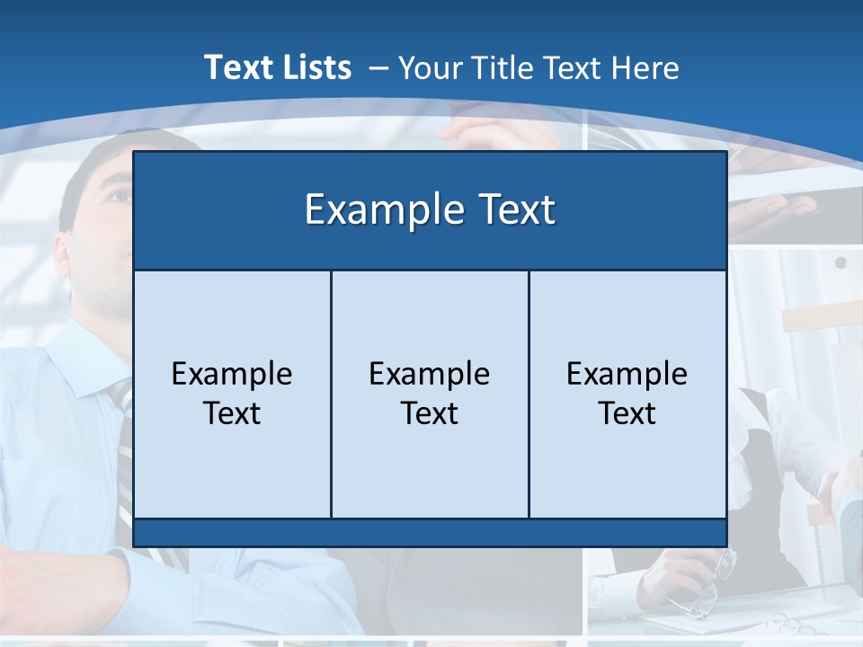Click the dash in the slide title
pyautogui.click(x=378, y=68)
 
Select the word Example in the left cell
pyautogui.click(x=232, y=374)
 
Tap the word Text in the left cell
pyautogui.click(x=232, y=413)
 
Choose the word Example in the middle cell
pyautogui.click(x=430, y=374)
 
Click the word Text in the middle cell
pyautogui.click(x=430, y=413)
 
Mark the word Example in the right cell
pyautogui.click(x=627, y=374)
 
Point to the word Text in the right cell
pyautogui.click(x=627, y=413)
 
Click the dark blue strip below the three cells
pyautogui.click(x=430, y=533)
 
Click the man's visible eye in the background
pyautogui.click(x=118, y=194)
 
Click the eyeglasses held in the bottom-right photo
pyautogui.click(x=715, y=584)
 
